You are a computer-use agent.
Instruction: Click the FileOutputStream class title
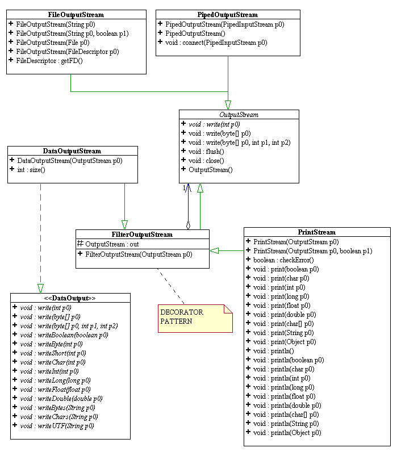[76, 14]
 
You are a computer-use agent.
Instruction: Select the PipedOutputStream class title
[228, 14]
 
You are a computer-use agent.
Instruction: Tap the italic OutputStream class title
[239, 114]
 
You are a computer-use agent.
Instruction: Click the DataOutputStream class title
[72, 151]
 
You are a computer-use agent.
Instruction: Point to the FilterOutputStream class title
[143, 234]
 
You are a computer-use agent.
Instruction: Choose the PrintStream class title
[316, 232]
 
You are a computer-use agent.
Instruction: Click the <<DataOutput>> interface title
[70, 298]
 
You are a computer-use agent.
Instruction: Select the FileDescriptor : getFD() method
[49, 61]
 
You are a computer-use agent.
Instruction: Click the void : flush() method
[206, 151]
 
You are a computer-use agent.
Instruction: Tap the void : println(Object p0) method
[287, 433]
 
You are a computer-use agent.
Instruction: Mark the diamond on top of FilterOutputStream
[188, 225]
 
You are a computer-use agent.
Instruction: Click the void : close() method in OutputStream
[206, 160]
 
